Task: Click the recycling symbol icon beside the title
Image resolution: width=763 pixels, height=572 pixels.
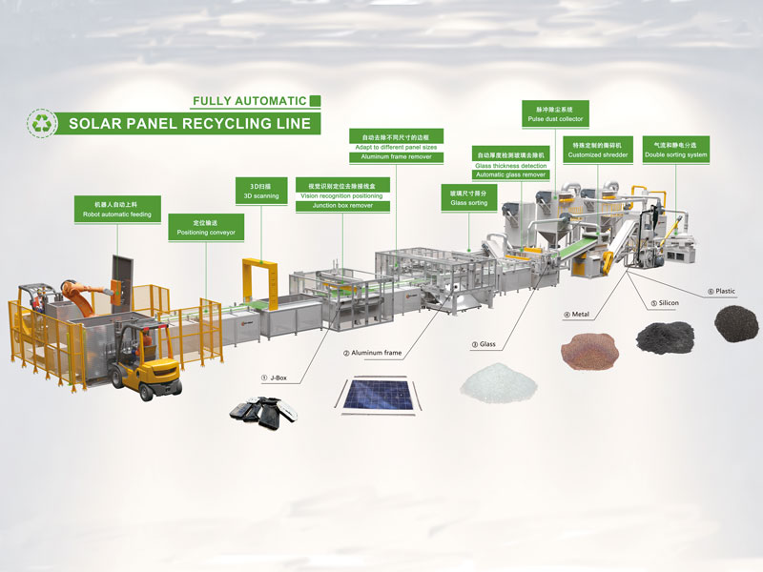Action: [x=42, y=123]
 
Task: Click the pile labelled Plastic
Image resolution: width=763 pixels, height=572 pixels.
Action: [x=735, y=323]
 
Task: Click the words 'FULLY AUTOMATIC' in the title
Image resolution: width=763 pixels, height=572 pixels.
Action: [x=250, y=101]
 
